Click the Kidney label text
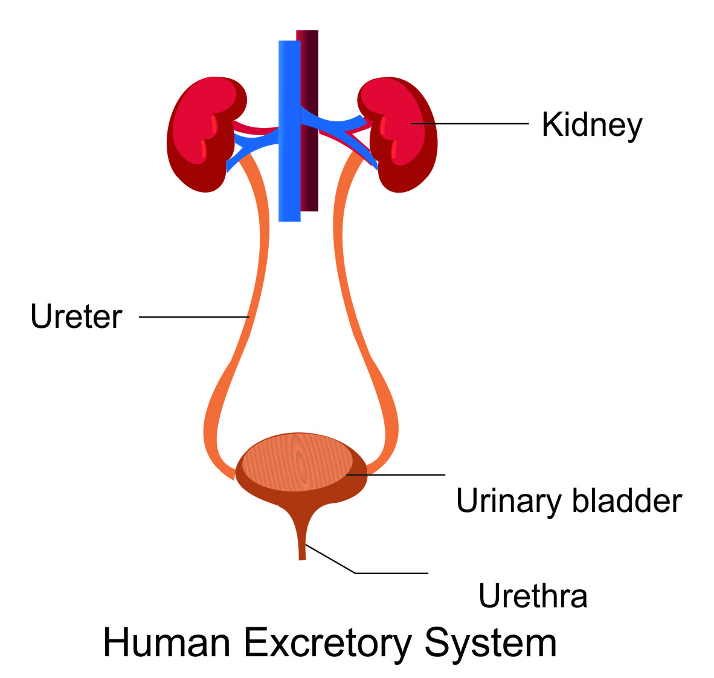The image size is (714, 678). pyautogui.click(x=591, y=125)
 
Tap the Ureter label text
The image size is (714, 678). pyautogui.click(x=76, y=317)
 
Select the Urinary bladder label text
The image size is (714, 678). pyautogui.click(x=568, y=501)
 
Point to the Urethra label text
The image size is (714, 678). pyautogui.click(x=532, y=596)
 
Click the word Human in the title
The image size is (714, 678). pyautogui.click(x=167, y=642)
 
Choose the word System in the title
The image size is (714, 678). pyautogui.click(x=490, y=642)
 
